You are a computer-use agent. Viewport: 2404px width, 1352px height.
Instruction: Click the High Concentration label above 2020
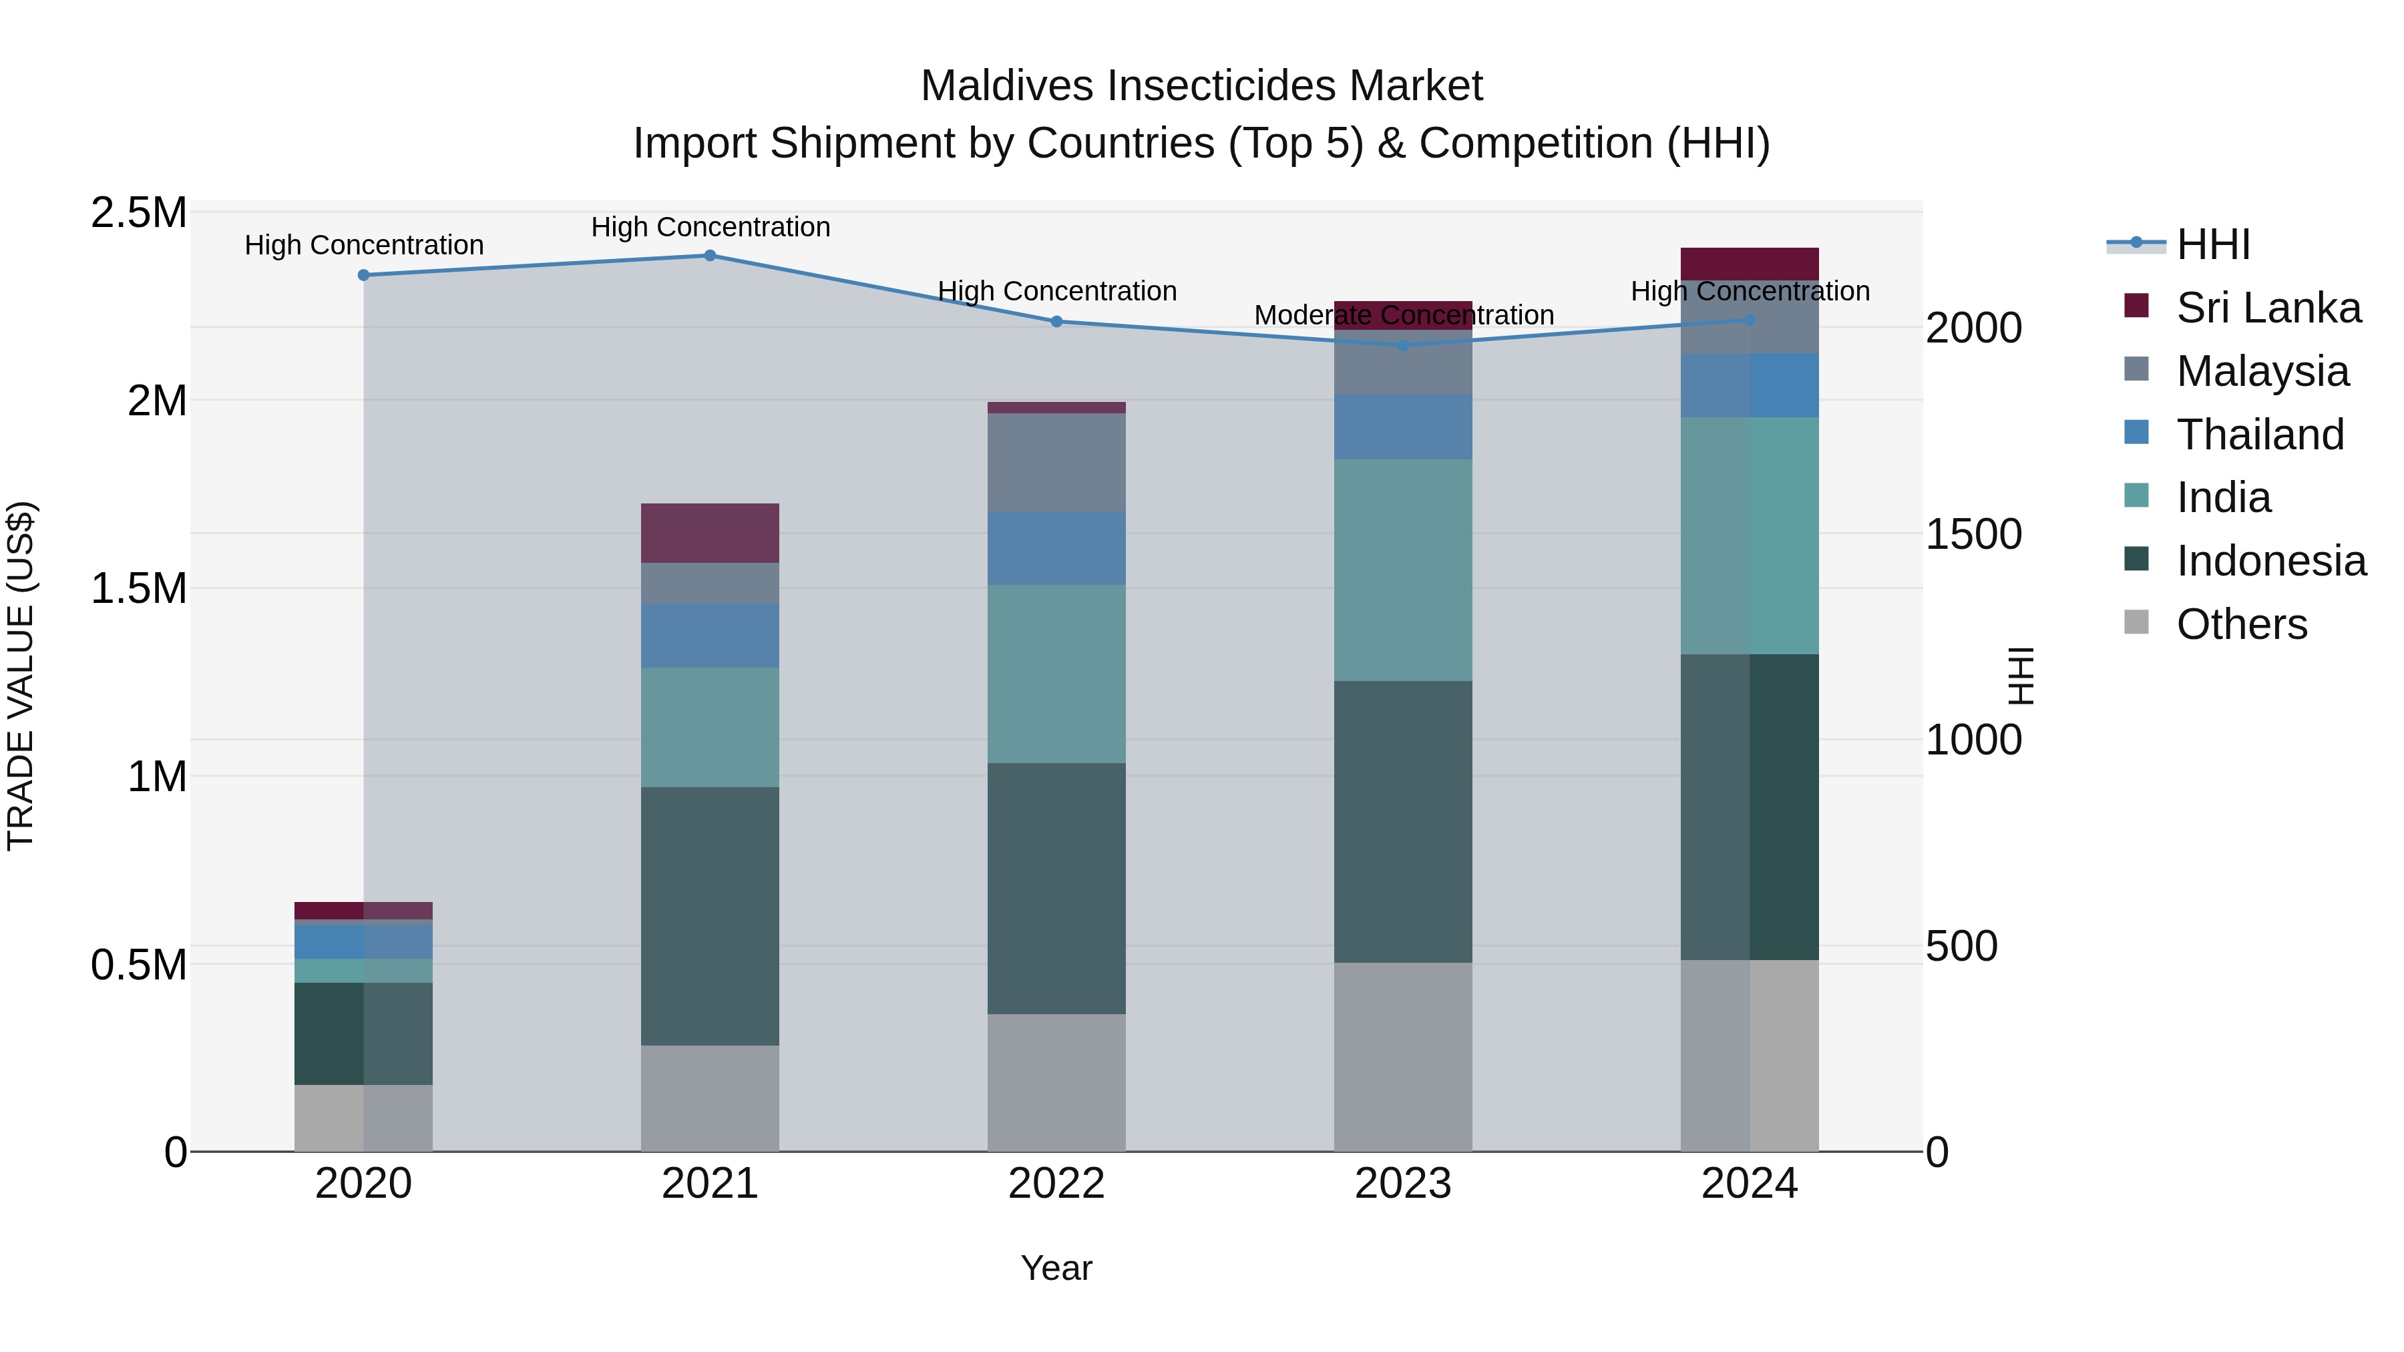pyautogui.click(x=364, y=246)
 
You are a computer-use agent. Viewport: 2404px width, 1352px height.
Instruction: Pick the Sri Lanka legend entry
pyautogui.click(x=2268, y=308)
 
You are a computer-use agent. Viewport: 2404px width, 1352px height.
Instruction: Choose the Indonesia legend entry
pyautogui.click(x=2270, y=561)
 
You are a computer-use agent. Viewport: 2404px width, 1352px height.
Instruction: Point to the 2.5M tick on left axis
pyautogui.click(x=138, y=213)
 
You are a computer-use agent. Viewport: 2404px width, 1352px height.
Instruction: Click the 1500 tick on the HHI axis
pyautogui.click(x=1974, y=535)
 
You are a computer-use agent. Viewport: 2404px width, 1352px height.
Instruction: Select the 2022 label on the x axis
pyautogui.click(x=1056, y=1184)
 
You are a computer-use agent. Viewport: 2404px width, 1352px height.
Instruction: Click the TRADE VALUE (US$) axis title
pyautogui.click(x=21, y=676)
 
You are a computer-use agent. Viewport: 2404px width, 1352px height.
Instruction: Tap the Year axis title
pyautogui.click(x=1056, y=1268)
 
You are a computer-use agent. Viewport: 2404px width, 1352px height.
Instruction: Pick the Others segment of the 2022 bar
pyautogui.click(x=1056, y=1082)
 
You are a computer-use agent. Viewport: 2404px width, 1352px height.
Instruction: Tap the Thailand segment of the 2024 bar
pyautogui.click(x=1749, y=385)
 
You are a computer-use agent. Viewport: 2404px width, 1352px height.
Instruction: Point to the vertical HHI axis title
pyautogui.click(x=2021, y=676)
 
